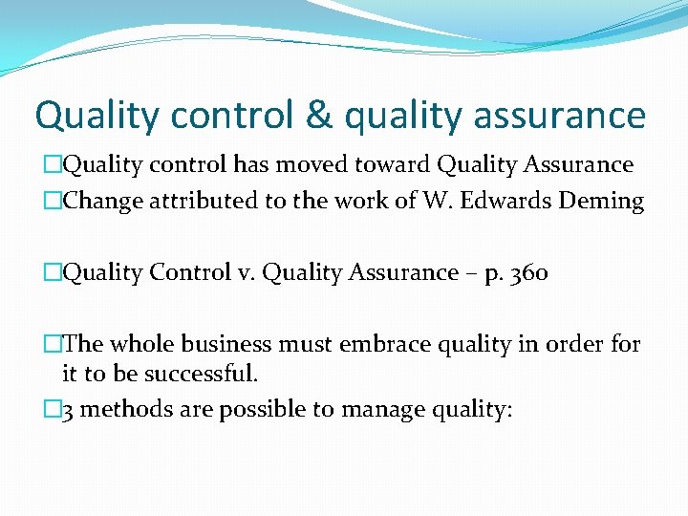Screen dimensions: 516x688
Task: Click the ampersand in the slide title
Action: click(x=321, y=116)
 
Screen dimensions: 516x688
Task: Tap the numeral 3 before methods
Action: click(x=68, y=411)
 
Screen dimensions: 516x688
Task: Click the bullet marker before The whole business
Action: click(x=52, y=344)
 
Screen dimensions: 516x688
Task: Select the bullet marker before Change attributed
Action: click(x=52, y=201)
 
